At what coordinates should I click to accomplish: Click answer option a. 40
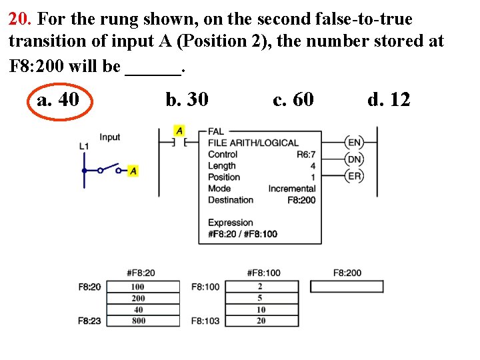[x=59, y=100]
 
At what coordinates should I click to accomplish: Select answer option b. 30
[x=187, y=100]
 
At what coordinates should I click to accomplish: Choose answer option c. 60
[x=293, y=100]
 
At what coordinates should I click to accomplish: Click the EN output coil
[x=355, y=142]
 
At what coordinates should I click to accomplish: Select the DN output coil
[x=355, y=159]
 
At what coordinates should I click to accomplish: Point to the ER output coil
[x=355, y=176]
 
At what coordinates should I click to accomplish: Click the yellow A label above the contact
[x=179, y=129]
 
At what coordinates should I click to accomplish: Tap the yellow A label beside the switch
[x=133, y=171]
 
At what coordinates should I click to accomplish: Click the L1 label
[x=83, y=145]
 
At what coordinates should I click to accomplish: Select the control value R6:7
[x=305, y=154]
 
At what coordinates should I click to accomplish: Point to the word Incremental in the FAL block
[x=291, y=189]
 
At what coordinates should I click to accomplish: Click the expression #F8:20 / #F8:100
[x=243, y=234]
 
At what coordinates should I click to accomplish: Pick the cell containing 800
[x=138, y=321]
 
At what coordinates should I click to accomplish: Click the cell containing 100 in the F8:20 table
[x=138, y=287]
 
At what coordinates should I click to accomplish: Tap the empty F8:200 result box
[x=347, y=287]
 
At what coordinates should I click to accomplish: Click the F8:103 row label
[x=205, y=321]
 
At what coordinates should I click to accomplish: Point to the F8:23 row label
[x=89, y=321]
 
